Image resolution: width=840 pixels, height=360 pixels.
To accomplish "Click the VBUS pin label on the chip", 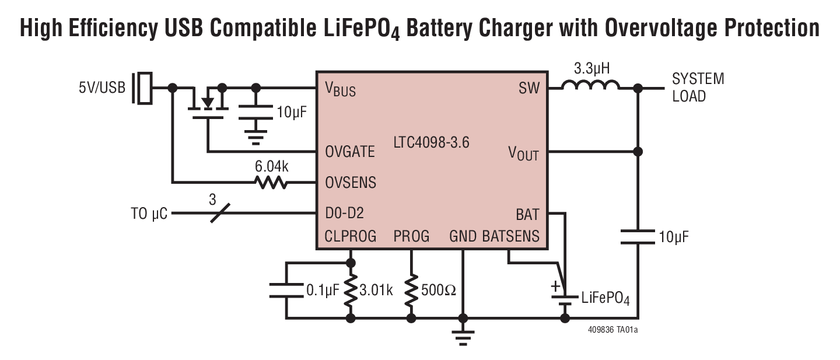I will click(x=340, y=90).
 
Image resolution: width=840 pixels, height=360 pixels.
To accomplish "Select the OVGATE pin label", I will click(x=350, y=152).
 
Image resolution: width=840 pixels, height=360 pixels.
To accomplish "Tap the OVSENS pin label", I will click(x=351, y=183).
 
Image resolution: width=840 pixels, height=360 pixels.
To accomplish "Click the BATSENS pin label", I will click(x=511, y=236).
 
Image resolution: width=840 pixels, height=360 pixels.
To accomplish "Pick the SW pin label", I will click(x=528, y=89).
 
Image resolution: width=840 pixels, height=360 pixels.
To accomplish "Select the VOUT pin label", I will click(x=523, y=153).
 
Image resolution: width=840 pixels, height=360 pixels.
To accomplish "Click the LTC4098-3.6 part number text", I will click(x=432, y=142).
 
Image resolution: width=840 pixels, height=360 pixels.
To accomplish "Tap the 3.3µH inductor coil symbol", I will click(x=590, y=86).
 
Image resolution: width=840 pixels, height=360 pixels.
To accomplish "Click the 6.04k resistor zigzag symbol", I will click(x=271, y=183).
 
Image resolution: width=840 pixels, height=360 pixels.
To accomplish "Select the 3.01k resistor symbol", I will click(x=351, y=290).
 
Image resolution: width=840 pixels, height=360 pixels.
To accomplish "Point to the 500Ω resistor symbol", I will click(x=411, y=290).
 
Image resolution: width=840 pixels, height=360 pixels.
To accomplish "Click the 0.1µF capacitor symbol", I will click(x=286, y=290).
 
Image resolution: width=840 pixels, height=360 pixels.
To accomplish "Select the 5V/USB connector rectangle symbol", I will click(x=143, y=89).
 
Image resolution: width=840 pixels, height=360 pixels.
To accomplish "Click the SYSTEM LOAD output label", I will click(x=698, y=88).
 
